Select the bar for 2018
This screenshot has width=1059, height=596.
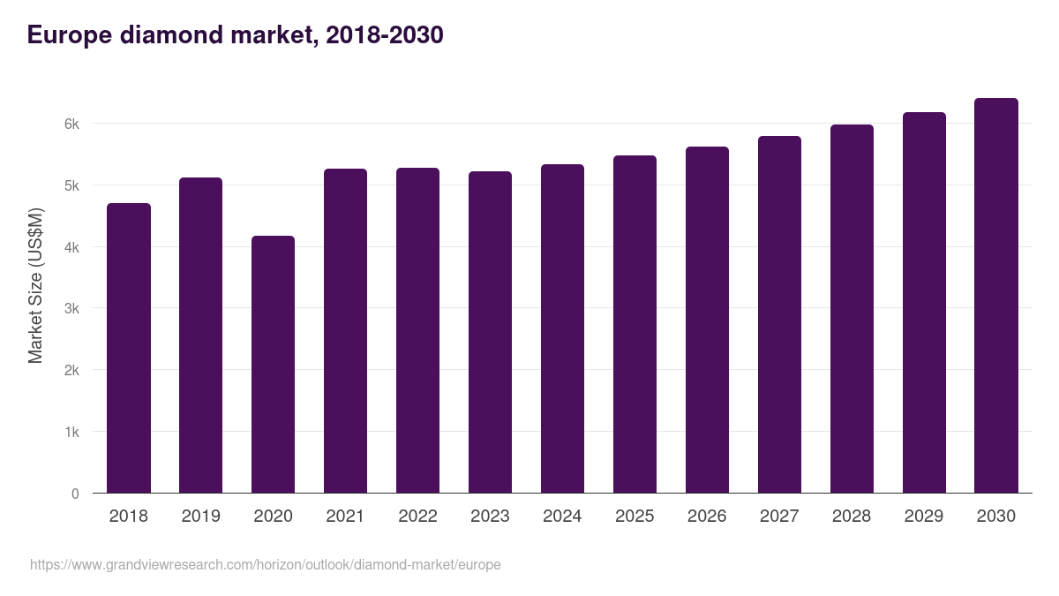[x=129, y=349]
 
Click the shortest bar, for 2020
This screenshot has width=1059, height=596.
[x=273, y=365]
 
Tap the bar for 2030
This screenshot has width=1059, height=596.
[x=996, y=296]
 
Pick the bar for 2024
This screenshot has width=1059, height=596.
[x=562, y=328]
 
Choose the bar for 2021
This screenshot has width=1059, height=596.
[x=345, y=331]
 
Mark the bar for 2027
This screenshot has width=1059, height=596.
[x=779, y=314]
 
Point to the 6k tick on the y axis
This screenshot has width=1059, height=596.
[x=71, y=124]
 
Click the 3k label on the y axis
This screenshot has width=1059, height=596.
[x=71, y=309]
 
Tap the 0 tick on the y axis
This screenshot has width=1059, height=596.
[x=75, y=494]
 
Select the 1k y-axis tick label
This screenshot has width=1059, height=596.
[x=71, y=433]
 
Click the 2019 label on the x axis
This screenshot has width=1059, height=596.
[x=200, y=517]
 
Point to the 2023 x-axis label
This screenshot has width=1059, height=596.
[x=490, y=517]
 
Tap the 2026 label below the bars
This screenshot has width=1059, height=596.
[x=707, y=517]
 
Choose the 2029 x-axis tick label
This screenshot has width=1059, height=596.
[x=924, y=517]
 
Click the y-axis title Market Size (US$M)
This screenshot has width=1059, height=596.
[x=35, y=285]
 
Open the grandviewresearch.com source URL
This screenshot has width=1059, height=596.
[x=265, y=564]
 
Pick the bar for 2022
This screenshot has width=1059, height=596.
[x=417, y=330]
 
